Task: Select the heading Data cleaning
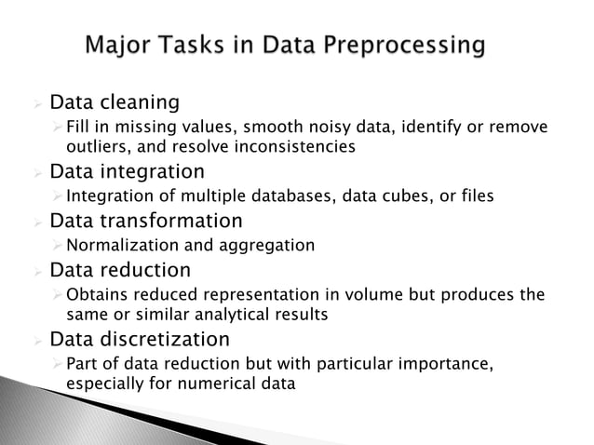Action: tap(114, 100)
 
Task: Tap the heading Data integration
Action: tap(127, 171)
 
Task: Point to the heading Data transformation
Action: tap(145, 222)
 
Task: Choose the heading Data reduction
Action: tap(120, 271)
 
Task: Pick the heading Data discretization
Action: tap(139, 338)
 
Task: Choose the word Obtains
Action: tap(96, 296)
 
